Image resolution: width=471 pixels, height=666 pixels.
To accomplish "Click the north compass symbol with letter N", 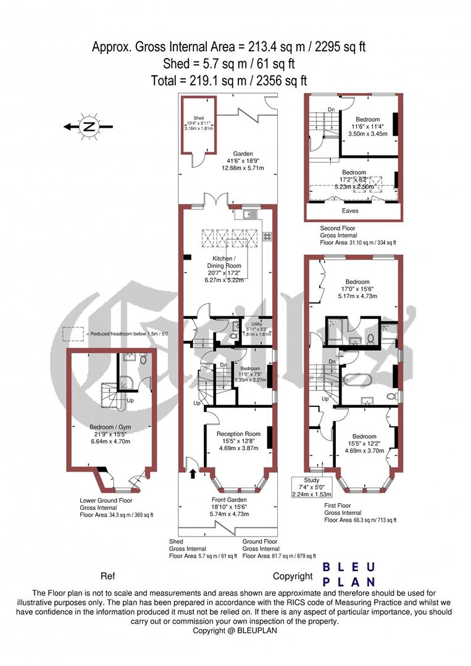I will click(90, 127).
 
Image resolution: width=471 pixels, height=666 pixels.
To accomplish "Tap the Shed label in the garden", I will click(198, 118).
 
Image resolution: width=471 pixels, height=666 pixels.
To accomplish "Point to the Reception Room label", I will click(238, 434).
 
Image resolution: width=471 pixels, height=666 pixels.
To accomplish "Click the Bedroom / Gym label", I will click(110, 427).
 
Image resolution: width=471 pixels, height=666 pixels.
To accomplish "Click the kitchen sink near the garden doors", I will click(248, 214).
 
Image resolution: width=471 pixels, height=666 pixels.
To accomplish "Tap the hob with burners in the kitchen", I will click(267, 236).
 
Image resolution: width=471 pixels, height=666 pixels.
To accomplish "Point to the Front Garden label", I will click(228, 499).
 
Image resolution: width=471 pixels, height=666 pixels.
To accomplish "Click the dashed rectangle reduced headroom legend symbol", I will click(73, 334).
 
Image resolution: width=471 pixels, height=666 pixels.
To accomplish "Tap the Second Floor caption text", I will click(338, 228).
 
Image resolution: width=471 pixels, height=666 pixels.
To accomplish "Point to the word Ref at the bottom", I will click(107, 577).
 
